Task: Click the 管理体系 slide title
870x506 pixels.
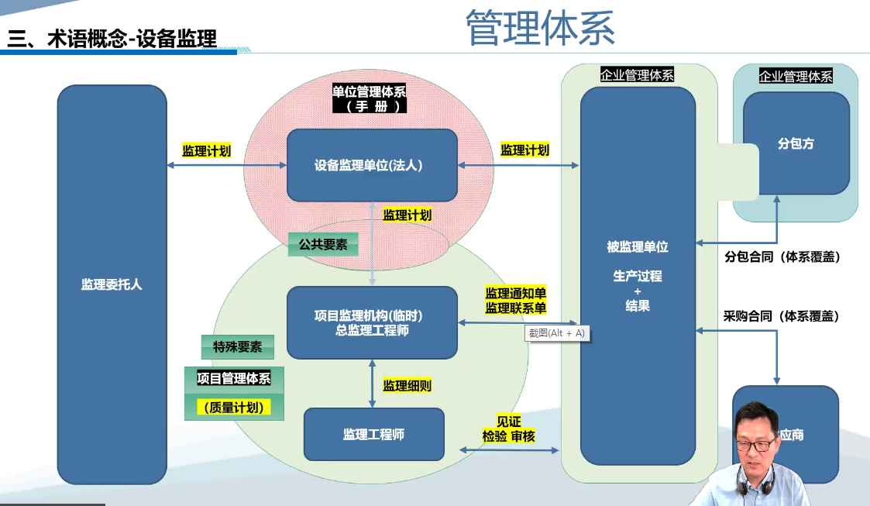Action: [540, 29]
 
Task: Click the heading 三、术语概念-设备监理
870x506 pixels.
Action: [112, 39]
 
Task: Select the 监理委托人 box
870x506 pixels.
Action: [112, 284]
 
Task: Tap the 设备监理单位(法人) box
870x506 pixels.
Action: [372, 165]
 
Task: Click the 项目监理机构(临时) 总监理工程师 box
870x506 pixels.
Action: [372, 322]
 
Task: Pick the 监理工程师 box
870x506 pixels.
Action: [373, 434]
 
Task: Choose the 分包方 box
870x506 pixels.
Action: [796, 144]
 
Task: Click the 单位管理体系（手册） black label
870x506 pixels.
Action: [369, 98]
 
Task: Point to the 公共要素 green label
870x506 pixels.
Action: [323, 245]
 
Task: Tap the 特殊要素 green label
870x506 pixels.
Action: [237, 347]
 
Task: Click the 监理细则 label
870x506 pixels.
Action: [407, 385]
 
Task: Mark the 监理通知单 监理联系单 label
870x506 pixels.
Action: [516, 301]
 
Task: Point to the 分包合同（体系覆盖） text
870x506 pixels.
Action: [782, 256]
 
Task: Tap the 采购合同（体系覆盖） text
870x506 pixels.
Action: [782, 316]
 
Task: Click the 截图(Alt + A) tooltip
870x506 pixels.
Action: [556, 333]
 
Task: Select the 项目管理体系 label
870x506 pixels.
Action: [234, 378]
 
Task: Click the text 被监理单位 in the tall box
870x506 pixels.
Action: [638, 247]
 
